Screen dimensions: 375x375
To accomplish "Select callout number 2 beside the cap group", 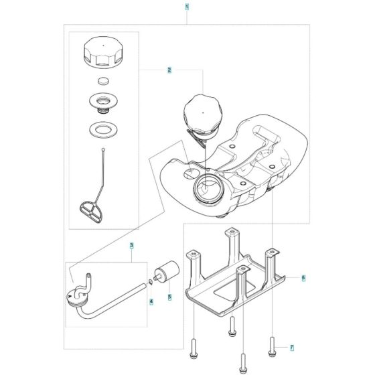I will pos(170,70).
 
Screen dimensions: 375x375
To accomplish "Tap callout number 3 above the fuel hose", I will pos(132,246).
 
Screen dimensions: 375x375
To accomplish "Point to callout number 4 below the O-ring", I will pos(151,302).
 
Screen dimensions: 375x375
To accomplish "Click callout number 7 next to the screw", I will pos(291,348).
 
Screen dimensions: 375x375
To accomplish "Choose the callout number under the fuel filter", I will pos(169,296).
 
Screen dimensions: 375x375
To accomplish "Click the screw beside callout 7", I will pos(273,347).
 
